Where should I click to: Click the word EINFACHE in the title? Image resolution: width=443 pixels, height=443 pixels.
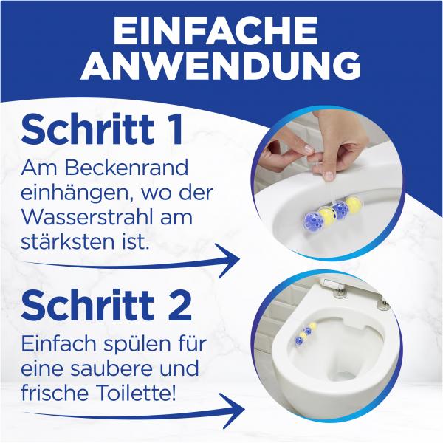pyautogui.click(x=221, y=31)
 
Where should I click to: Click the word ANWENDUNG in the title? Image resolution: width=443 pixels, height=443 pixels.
pyautogui.click(x=221, y=66)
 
